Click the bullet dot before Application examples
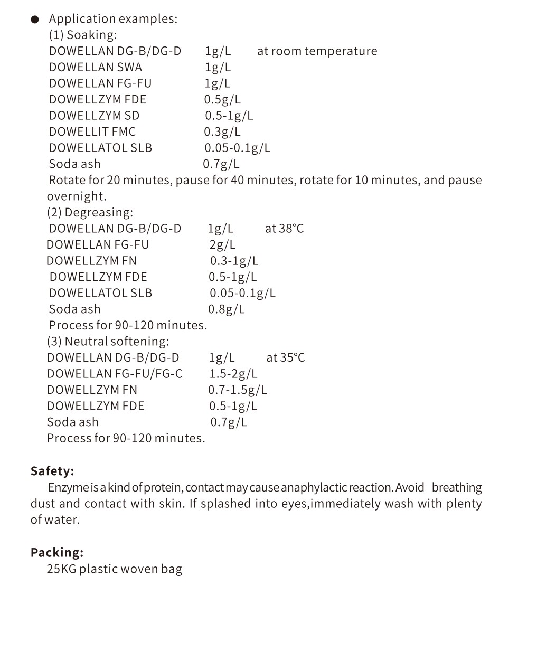(x=35, y=20)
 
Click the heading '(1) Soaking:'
(x=83, y=35)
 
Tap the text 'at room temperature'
(x=317, y=51)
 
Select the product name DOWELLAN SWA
(x=96, y=68)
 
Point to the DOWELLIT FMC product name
(x=92, y=132)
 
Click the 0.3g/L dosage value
(x=222, y=132)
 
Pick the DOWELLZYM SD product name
(x=94, y=116)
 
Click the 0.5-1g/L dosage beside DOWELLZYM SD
(x=229, y=116)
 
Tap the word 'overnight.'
(x=77, y=196)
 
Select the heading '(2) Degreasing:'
(x=90, y=213)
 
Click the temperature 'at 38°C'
(x=284, y=229)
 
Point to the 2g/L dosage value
(x=222, y=245)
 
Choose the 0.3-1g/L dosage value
(x=234, y=261)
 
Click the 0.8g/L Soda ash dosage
(x=226, y=309)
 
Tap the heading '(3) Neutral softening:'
(x=108, y=342)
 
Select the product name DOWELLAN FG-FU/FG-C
(x=115, y=374)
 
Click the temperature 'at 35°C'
(x=285, y=358)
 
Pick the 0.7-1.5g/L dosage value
(x=237, y=390)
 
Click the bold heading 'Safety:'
(x=52, y=471)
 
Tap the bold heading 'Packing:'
(x=57, y=553)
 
